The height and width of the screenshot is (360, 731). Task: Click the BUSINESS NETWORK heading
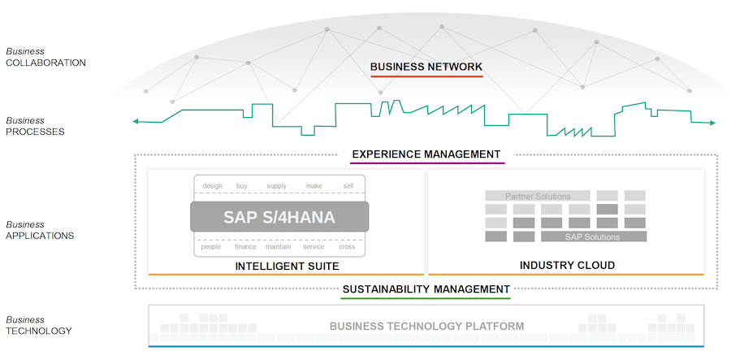pyautogui.click(x=426, y=67)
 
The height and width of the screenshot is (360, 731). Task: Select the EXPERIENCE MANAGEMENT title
pyautogui.click(x=426, y=154)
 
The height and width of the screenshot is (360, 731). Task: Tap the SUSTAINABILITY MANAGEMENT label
pyautogui.click(x=426, y=289)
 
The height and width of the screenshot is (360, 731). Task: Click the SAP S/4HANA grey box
pyautogui.click(x=279, y=217)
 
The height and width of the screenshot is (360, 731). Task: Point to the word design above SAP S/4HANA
pyautogui.click(x=213, y=186)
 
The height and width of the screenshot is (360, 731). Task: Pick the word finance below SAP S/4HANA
pyautogui.click(x=245, y=247)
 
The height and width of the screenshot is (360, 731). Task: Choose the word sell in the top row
pyautogui.click(x=348, y=186)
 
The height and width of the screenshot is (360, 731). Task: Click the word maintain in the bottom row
pyautogui.click(x=279, y=247)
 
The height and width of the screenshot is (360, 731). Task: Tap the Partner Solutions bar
pyautogui.click(x=538, y=196)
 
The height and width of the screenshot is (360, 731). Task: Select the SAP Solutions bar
pyautogui.click(x=594, y=236)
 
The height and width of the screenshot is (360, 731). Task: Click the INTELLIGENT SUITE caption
pyautogui.click(x=287, y=267)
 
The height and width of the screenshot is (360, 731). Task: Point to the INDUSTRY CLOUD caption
pyautogui.click(x=567, y=266)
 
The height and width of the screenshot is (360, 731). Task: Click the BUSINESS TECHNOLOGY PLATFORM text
pyautogui.click(x=426, y=326)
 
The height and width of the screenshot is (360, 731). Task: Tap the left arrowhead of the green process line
pyautogui.click(x=136, y=122)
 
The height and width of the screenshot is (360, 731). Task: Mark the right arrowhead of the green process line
pyautogui.click(x=712, y=123)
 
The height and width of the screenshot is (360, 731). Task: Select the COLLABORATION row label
pyautogui.click(x=45, y=63)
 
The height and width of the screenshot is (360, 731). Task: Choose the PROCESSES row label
pyautogui.click(x=35, y=132)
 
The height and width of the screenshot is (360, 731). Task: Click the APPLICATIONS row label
pyautogui.click(x=40, y=236)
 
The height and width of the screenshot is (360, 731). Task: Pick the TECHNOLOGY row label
pyautogui.click(x=39, y=331)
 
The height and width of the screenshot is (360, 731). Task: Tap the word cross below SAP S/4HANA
pyautogui.click(x=347, y=247)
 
